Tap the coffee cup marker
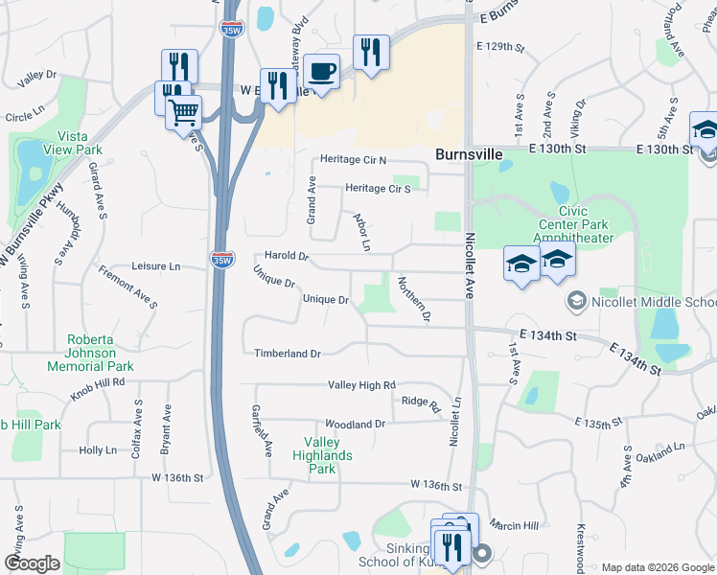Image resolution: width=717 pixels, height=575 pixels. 321,72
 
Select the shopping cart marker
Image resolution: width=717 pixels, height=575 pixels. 183,114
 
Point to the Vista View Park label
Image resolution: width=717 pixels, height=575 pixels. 79,143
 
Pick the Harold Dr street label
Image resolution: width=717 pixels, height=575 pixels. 288,257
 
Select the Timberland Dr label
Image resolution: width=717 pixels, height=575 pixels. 287,354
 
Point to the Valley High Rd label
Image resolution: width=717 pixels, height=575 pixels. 361,385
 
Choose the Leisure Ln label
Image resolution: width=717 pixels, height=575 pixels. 155,265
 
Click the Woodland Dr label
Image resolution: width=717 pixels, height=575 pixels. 355,424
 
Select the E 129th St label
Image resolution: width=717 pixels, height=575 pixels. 501,46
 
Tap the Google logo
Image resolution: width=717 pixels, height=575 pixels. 33,563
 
